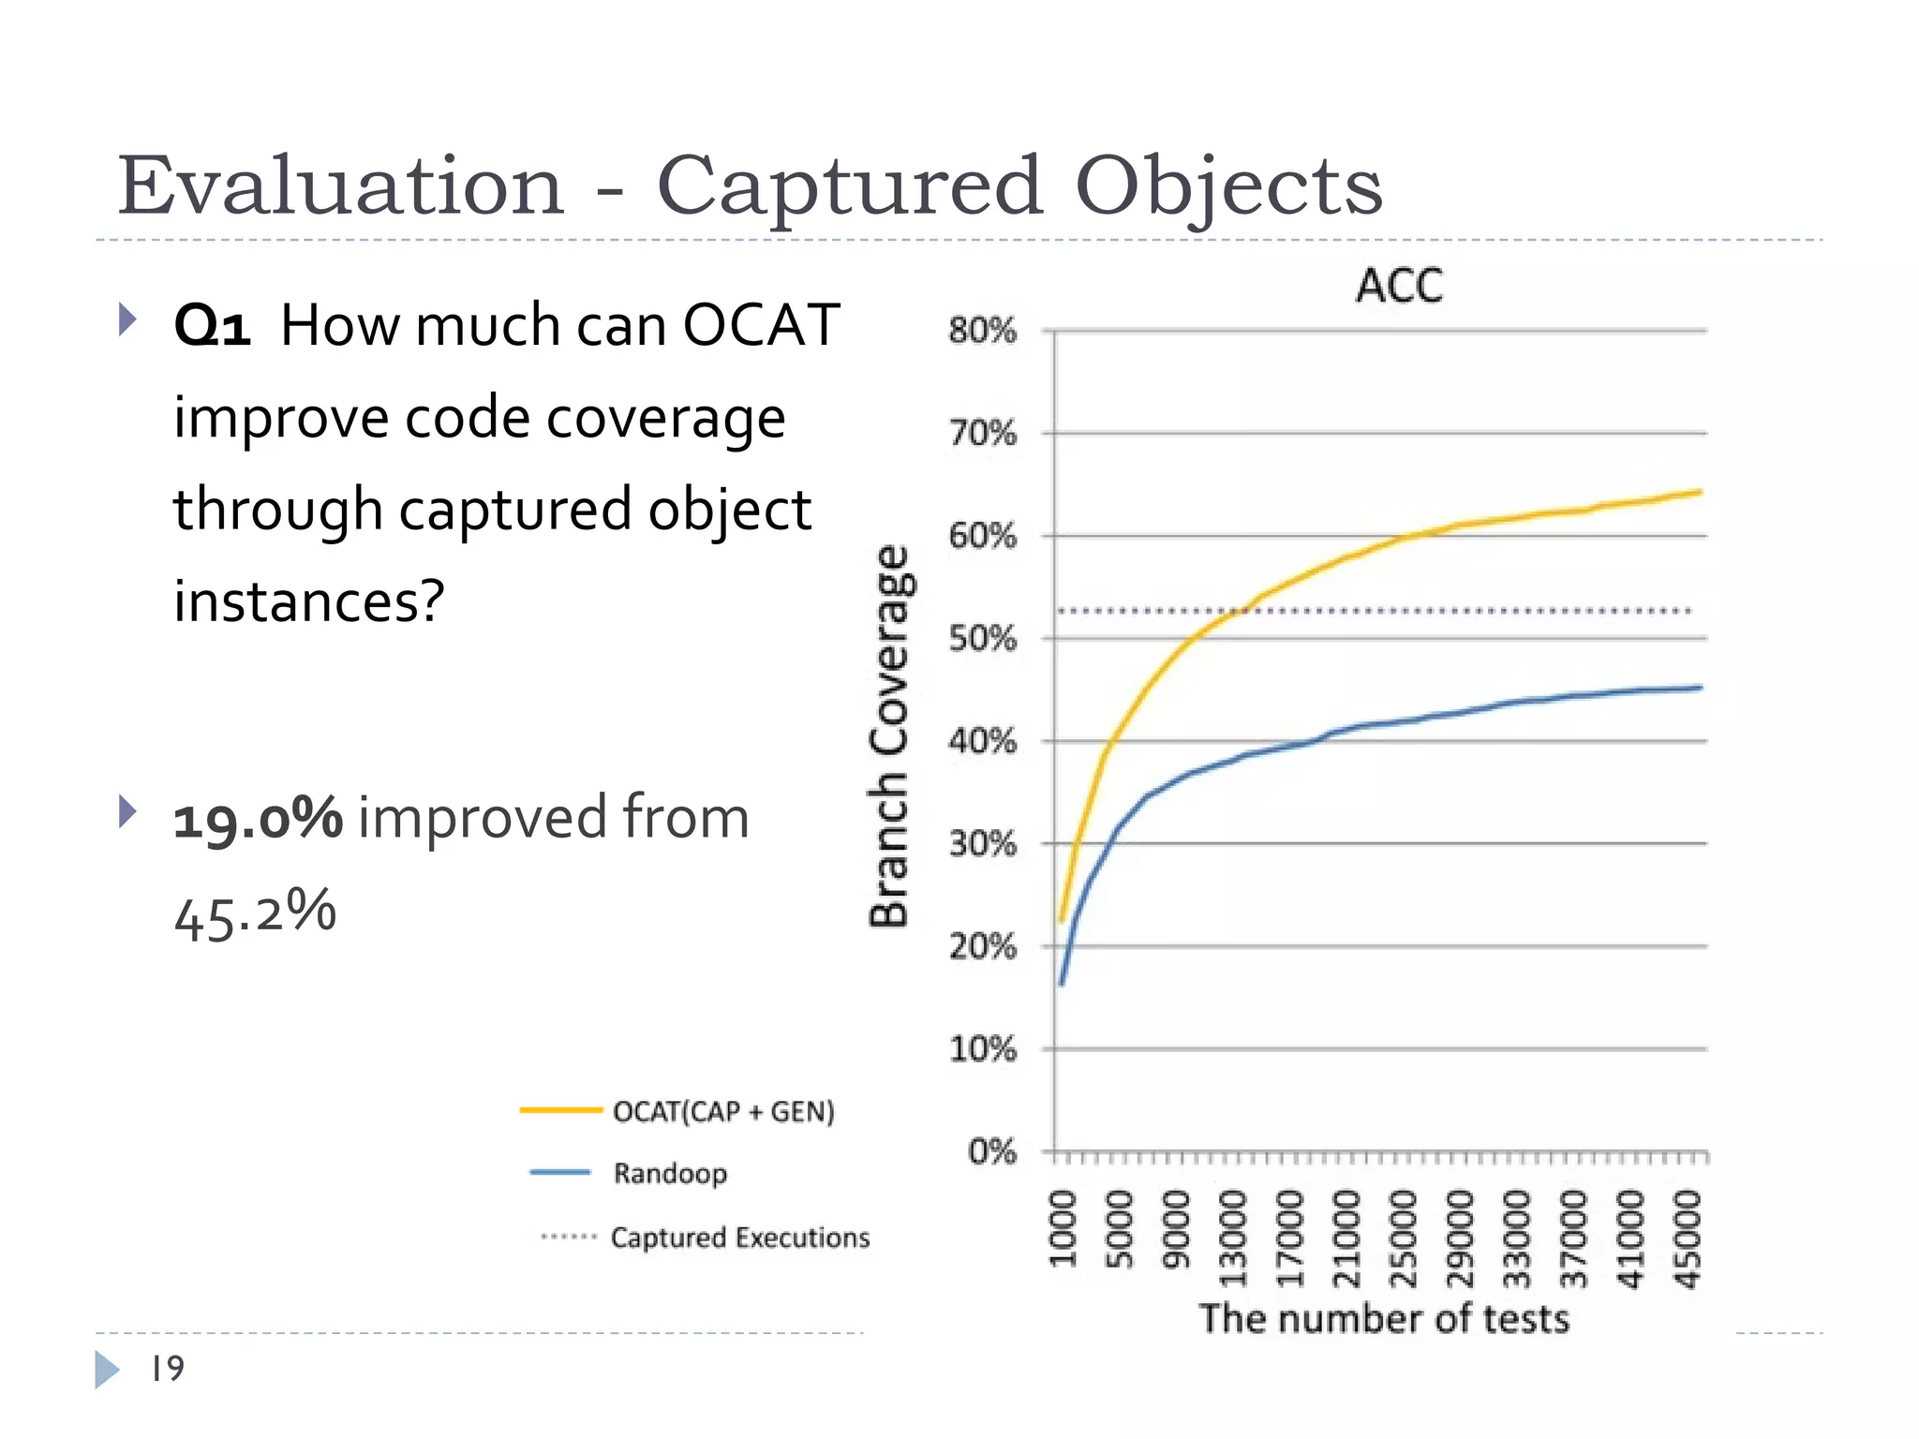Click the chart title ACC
click(x=1399, y=286)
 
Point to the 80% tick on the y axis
click(x=982, y=331)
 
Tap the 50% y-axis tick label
click(x=982, y=639)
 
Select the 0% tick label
click(x=992, y=1151)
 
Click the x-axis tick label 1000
click(x=1063, y=1228)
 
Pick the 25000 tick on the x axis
click(x=1403, y=1239)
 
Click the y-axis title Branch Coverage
click(x=888, y=736)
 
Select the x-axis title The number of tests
click(x=1384, y=1319)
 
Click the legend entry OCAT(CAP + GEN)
click(x=722, y=1112)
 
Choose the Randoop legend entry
click(x=670, y=1173)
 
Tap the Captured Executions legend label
click(x=739, y=1238)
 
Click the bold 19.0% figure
click(x=259, y=818)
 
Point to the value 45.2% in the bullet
click(x=255, y=914)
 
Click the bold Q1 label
click(x=213, y=327)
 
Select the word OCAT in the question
click(x=760, y=325)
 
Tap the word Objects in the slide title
click(x=1227, y=186)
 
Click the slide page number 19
click(x=168, y=1369)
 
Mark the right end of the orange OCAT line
click(x=1700, y=492)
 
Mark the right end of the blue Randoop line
click(x=1700, y=688)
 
